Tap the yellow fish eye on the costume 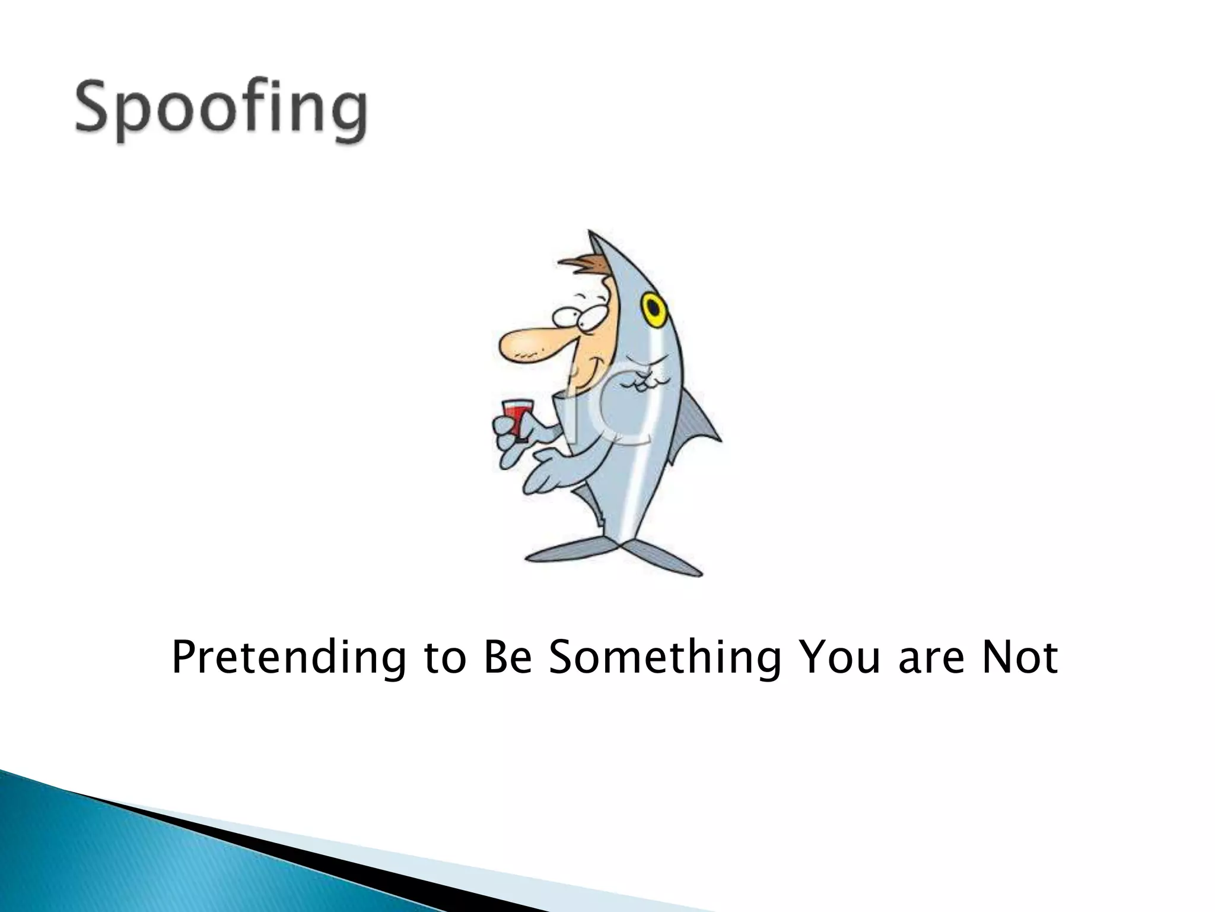[653, 308]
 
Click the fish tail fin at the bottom [617, 555]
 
